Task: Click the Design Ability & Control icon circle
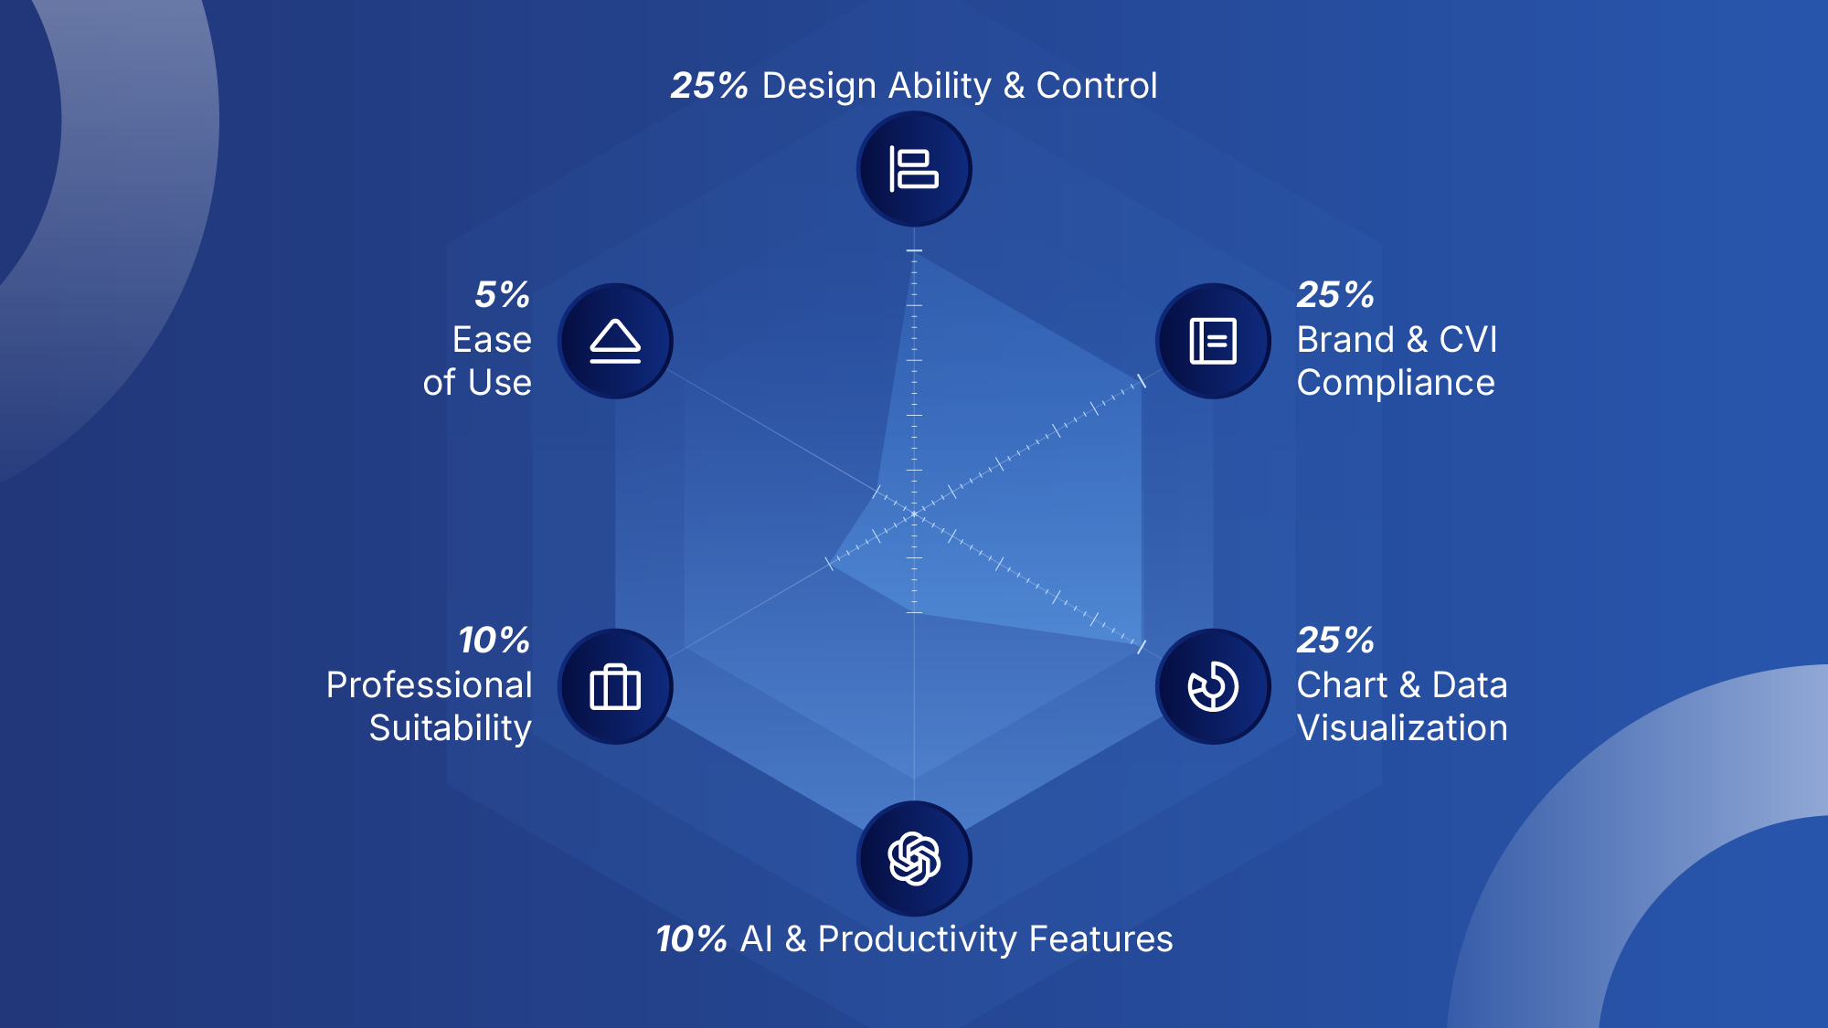click(914, 169)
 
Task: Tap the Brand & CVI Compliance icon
click(1213, 341)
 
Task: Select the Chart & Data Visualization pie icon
click(1213, 686)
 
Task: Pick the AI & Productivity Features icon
click(914, 859)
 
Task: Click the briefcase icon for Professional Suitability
click(615, 686)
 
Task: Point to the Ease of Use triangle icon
click(615, 341)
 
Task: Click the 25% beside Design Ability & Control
click(709, 86)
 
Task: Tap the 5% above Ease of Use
click(502, 294)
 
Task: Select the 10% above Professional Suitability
click(494, 640)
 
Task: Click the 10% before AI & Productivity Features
click(691, 939)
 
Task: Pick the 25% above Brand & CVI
click(1335, 294)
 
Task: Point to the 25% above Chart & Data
click(1335, 640)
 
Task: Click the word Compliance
click(1396, 383)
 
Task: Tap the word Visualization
click(1402, 728)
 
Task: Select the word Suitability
click(450, 728)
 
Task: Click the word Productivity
click(918, 939)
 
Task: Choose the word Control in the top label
click(1096, 86)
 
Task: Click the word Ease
click(492, 340)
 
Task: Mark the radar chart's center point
click(914, 514)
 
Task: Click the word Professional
click(429, 685)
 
